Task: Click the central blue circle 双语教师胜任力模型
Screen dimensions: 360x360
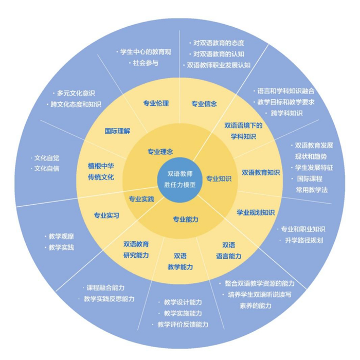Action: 181,179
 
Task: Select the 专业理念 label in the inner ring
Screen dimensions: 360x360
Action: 160,152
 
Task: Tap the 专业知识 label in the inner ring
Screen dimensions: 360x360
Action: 219,178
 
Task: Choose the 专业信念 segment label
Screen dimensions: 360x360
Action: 204,103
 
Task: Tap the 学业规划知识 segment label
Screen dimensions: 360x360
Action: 256,212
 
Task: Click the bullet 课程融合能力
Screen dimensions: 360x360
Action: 104,288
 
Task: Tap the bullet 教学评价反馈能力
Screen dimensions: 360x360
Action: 183,325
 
